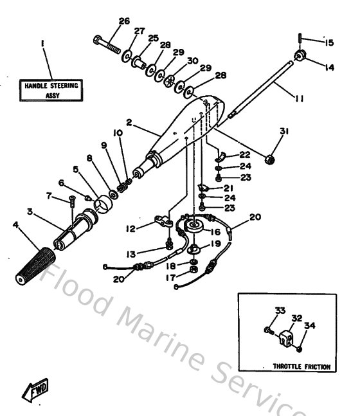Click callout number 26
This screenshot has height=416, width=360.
click(x=124, y=21)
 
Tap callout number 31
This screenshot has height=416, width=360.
click(x=285, y=131)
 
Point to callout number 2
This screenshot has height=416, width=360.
click(x=129, y=122)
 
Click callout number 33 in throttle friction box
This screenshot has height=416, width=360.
click(x=278, y=311)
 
